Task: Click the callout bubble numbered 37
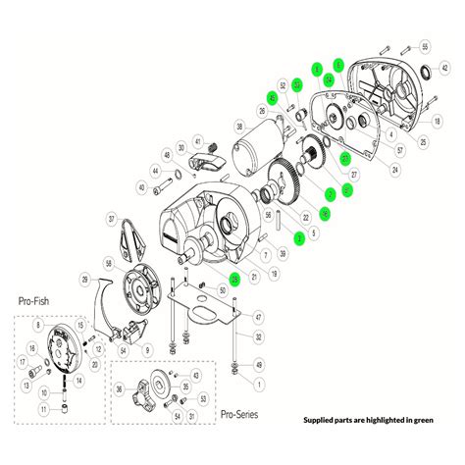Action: pyautogui.click(x=111, y=219)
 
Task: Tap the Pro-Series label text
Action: pyautogui.click(x=241, y=415)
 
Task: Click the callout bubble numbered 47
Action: pyautogui.click(x=258, y=317)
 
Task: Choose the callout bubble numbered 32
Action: pyautogui.click(x=258, y=336)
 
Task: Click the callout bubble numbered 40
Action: pyautogui.click(x=142, y=187)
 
